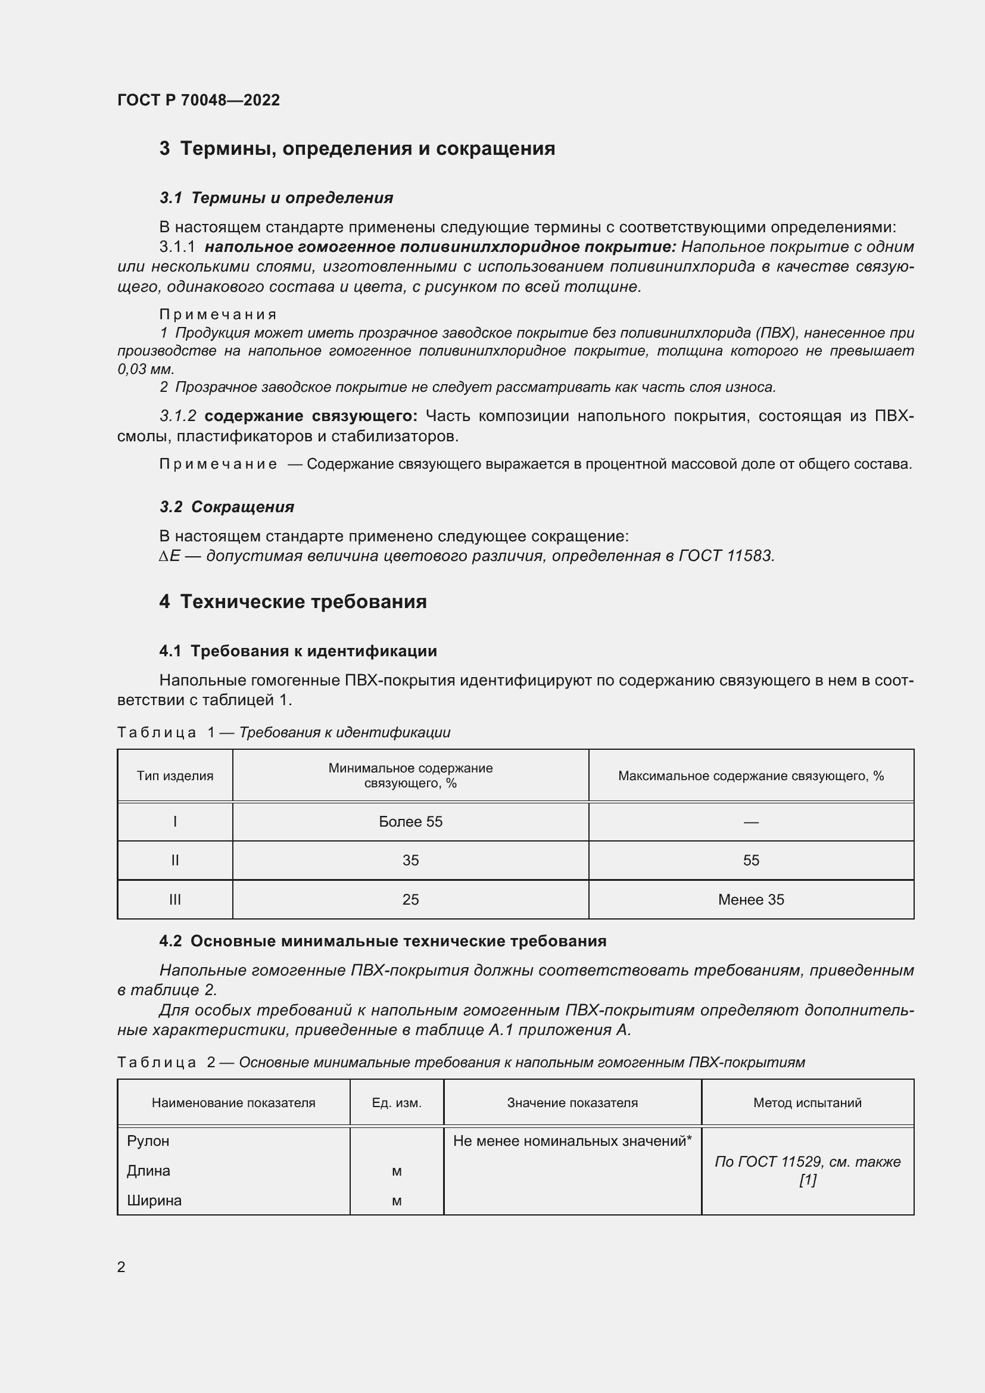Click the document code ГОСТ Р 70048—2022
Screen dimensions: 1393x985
coord(198,100)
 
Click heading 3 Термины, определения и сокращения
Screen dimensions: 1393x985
coord(357,149)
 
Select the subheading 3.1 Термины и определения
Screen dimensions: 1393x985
coord(276,198)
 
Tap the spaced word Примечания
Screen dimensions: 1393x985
coord(218,314)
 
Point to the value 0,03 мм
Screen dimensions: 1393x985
coord(145,369)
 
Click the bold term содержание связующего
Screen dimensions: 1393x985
coord(310,416)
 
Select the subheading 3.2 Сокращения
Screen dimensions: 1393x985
coord(227,507)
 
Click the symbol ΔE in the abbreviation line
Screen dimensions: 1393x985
coord(169,556)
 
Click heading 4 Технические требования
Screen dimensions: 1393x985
coord(293,602)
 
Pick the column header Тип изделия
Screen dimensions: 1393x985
coord(174,776)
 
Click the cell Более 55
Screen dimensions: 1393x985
coord(411,822)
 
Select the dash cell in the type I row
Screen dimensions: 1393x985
coord(751,822)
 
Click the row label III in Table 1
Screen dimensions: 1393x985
coord(174,900)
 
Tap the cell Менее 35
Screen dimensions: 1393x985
coord(751,900)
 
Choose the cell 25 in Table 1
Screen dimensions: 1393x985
coord(411,900)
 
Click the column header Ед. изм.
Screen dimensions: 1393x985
coord(397,1103)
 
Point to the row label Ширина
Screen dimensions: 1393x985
coord(154,1201)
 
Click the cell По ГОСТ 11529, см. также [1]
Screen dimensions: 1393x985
coord(808,1171)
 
